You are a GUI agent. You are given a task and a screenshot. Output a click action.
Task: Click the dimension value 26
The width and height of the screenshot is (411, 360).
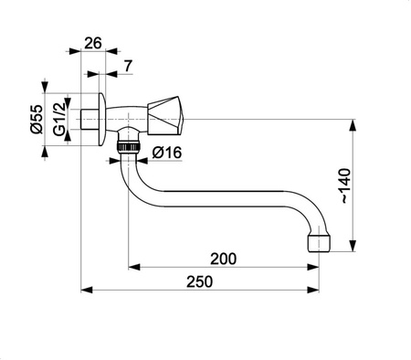click(x=93, y=42)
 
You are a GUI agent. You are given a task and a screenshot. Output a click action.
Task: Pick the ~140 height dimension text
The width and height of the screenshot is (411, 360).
click(x=368, y=182)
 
